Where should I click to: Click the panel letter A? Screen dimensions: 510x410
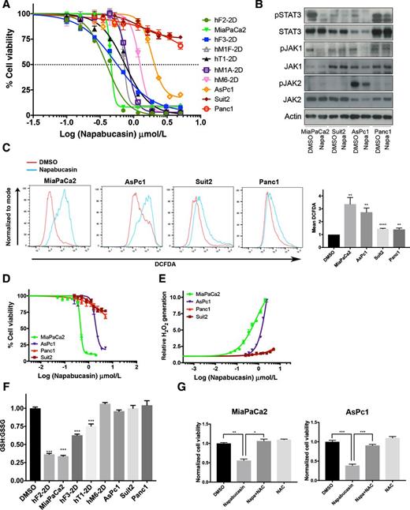click(6, 6)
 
